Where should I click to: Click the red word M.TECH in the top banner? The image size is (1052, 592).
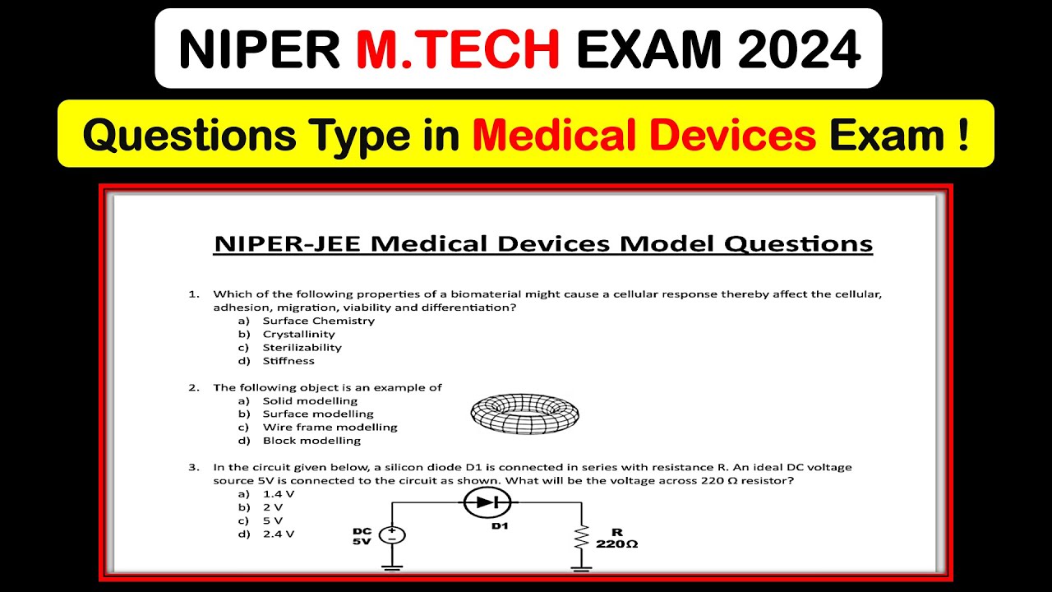pyautogui.click(x=458, y=50)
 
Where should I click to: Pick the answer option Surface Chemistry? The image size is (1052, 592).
pyautogui.click(x=318, y=321)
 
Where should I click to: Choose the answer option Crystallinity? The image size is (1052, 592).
pyautogui.click(x=298, y=334)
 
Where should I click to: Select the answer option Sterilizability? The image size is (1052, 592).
pyautogui.click(x=302, y=347)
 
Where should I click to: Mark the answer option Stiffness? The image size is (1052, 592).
pyautogui.click(x=288, y=360)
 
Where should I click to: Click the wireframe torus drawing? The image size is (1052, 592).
pyautogui.click(x=524, y=411)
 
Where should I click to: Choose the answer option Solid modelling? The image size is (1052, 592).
pyautogui.click(x=310, y=400)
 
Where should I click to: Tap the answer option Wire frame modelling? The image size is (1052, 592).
pyautogui.click(x=330, y=427)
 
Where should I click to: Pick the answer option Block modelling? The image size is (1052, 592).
pyautogui.click(x=311, y=440)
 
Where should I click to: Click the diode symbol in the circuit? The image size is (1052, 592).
pyautogui.click(x=487, y=502)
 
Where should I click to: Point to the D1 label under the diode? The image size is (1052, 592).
pyautogui.click(x=500, y=525)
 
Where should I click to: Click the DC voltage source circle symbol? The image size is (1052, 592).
pyautogui.click(x=391, y=534)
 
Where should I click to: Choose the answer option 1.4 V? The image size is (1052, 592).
pyautogui.click(x=278, y=494)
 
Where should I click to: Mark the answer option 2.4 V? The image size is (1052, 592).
pyautogui.click(x=278, y=534)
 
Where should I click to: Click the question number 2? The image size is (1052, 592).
pyautogui.click(x=194, y=387)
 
